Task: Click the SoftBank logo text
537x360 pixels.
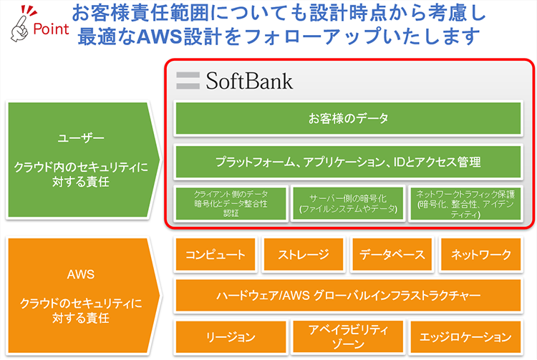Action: click(x=249, y=80)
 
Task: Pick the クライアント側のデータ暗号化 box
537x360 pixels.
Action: click(x=231, y=203)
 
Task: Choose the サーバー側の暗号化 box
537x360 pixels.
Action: click(x=348, y=203)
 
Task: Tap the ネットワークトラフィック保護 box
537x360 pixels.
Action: click(x=466, y=203)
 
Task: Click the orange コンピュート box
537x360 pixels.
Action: click(x=216, y=254)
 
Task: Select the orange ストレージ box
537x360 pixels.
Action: click(x=304, y=254)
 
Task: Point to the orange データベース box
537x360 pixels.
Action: click(x=392, y=254)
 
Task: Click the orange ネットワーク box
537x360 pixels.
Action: click(x=481, y=254)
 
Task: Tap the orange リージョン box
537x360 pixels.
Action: click(x=231, y=336)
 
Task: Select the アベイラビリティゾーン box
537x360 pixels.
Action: click(x=348, y=336)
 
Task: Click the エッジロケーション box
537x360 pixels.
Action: click(x=466, y=336)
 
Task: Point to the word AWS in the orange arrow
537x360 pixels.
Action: click(x=80, y=273)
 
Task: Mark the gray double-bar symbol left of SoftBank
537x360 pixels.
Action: click(x=188, y=80)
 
